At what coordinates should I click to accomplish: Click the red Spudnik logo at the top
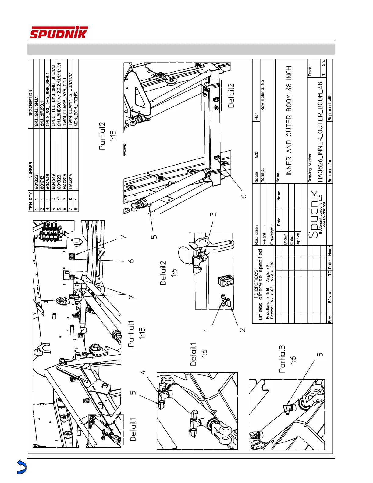click(x=59, y=32)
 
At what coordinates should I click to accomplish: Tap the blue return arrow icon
click(x=21, y=467)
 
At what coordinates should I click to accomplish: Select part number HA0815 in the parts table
click(x=65, y=180)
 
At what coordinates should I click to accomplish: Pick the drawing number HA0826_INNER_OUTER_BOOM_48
click(x=320, y=132)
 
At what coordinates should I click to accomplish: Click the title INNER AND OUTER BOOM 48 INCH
click(x=289, y=120)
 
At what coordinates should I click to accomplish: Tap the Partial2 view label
click(x=102, y=136)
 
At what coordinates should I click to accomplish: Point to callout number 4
click(x=142, y=372)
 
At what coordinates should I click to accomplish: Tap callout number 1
click(x=207, y=330)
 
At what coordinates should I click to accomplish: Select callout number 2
click(x=243, y=330)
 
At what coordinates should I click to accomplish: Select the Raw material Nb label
click(x=262, y=95)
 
